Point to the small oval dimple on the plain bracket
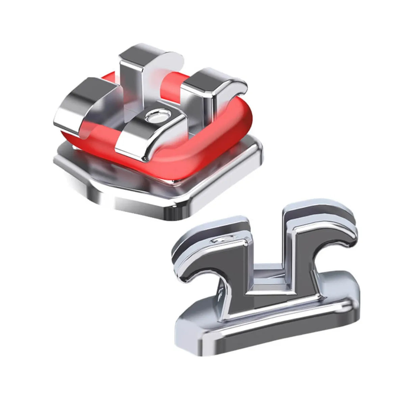coord(223,240)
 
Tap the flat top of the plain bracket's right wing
coord(314,209)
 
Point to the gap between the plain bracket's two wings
coord(267,243)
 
